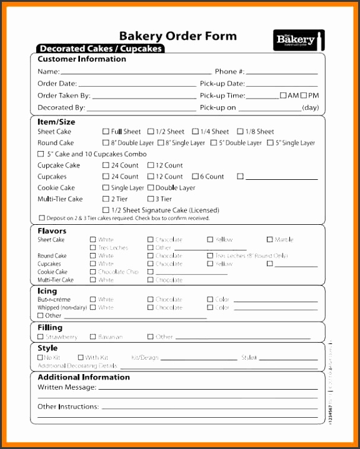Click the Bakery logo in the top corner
pos(298,39)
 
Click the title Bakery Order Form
pos(178,36)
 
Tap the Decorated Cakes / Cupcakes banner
pos(100,48)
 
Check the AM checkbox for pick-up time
pos(283,96)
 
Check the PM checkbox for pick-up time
pos(304,96)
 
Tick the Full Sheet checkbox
pos(106,132)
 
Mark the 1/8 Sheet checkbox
pos(241,132)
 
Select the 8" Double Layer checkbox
pos(106,143)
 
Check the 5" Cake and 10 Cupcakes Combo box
pos(41,154)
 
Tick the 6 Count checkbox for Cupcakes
pos(196,177)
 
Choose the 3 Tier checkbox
pos(151,199)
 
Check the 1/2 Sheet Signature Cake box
pos(106,210)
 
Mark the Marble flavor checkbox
pos(270,239)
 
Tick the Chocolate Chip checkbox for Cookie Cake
pos(93,272)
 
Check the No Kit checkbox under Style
pos(41,358)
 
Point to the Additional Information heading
pos(84,377)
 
